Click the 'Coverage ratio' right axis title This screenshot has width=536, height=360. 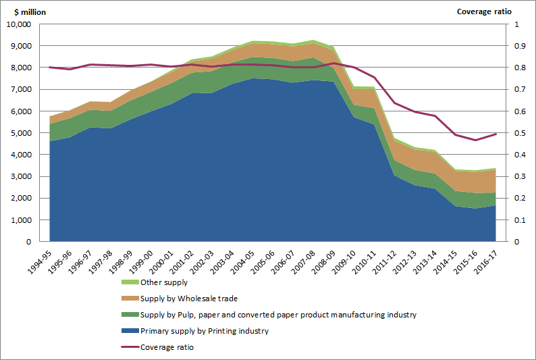(x=484, y=11)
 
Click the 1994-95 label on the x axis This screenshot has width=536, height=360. (x=42, y=261)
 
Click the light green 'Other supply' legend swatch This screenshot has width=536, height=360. (x=129, y=282)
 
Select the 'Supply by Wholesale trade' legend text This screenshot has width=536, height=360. (x=189, y=299)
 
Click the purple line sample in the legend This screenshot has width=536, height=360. (x=129, y=346)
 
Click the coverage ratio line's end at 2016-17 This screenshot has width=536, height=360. (x=496, y=134)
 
